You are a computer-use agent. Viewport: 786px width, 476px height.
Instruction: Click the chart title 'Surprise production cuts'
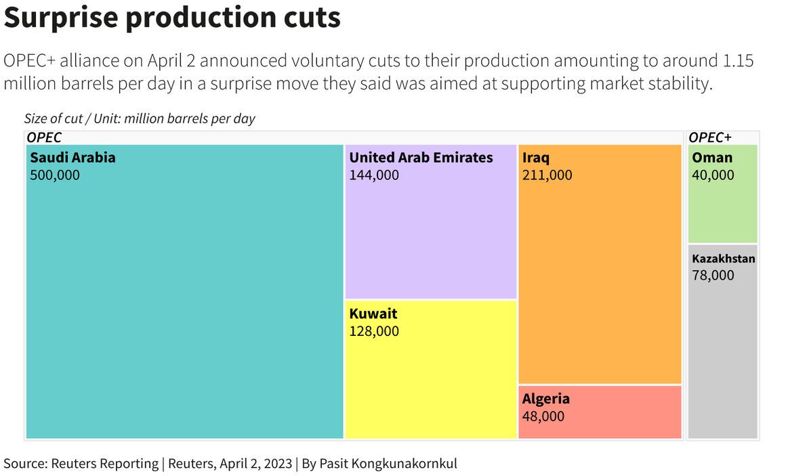[x=172, y=18]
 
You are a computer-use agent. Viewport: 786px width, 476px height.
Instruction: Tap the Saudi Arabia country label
[x=73, y=158]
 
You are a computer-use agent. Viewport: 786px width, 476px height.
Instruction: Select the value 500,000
[x=55, y=175]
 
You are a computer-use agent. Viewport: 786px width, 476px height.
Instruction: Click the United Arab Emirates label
[x=421, y=158]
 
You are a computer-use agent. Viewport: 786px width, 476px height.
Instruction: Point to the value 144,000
[x=374, y=175]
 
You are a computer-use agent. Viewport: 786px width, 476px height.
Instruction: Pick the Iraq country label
[x=536, y=158]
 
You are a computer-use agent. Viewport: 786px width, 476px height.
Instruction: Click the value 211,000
[x=547, y=175]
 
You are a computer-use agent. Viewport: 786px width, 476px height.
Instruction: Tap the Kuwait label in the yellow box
[x=373, y=313]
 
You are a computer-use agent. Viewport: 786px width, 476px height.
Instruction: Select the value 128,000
[x=374, y=331]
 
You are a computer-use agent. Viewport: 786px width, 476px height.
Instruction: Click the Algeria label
[x=545, y=399]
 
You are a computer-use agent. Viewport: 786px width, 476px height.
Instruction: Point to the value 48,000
[x=543, y=416]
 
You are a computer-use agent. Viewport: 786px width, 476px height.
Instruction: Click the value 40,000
[x=713, y=175]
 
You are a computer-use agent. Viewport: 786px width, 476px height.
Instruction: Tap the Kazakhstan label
[x=723, y=259]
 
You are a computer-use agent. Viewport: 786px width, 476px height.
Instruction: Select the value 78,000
[x=713, y=275]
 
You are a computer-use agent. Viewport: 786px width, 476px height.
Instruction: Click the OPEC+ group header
[x=709, y=137]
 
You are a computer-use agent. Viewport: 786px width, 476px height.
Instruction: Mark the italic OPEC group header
[x=44, y=137]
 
